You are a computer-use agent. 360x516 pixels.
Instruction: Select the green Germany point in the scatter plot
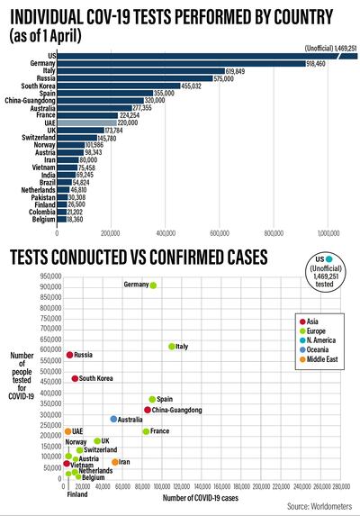pos(153,285)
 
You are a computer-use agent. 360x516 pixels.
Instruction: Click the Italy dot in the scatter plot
pos(172,347)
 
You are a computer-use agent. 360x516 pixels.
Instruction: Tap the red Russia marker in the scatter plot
pos(69,355)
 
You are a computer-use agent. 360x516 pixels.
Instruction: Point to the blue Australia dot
pos(113,420)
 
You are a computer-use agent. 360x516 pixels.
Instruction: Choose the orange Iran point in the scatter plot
pos(115,462)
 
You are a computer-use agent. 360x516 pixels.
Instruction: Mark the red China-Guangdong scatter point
pos(148,410)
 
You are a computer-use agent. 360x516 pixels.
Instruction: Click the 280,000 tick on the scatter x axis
pos(340,487)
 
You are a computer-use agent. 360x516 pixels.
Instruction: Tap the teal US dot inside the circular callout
pos(329,259)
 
